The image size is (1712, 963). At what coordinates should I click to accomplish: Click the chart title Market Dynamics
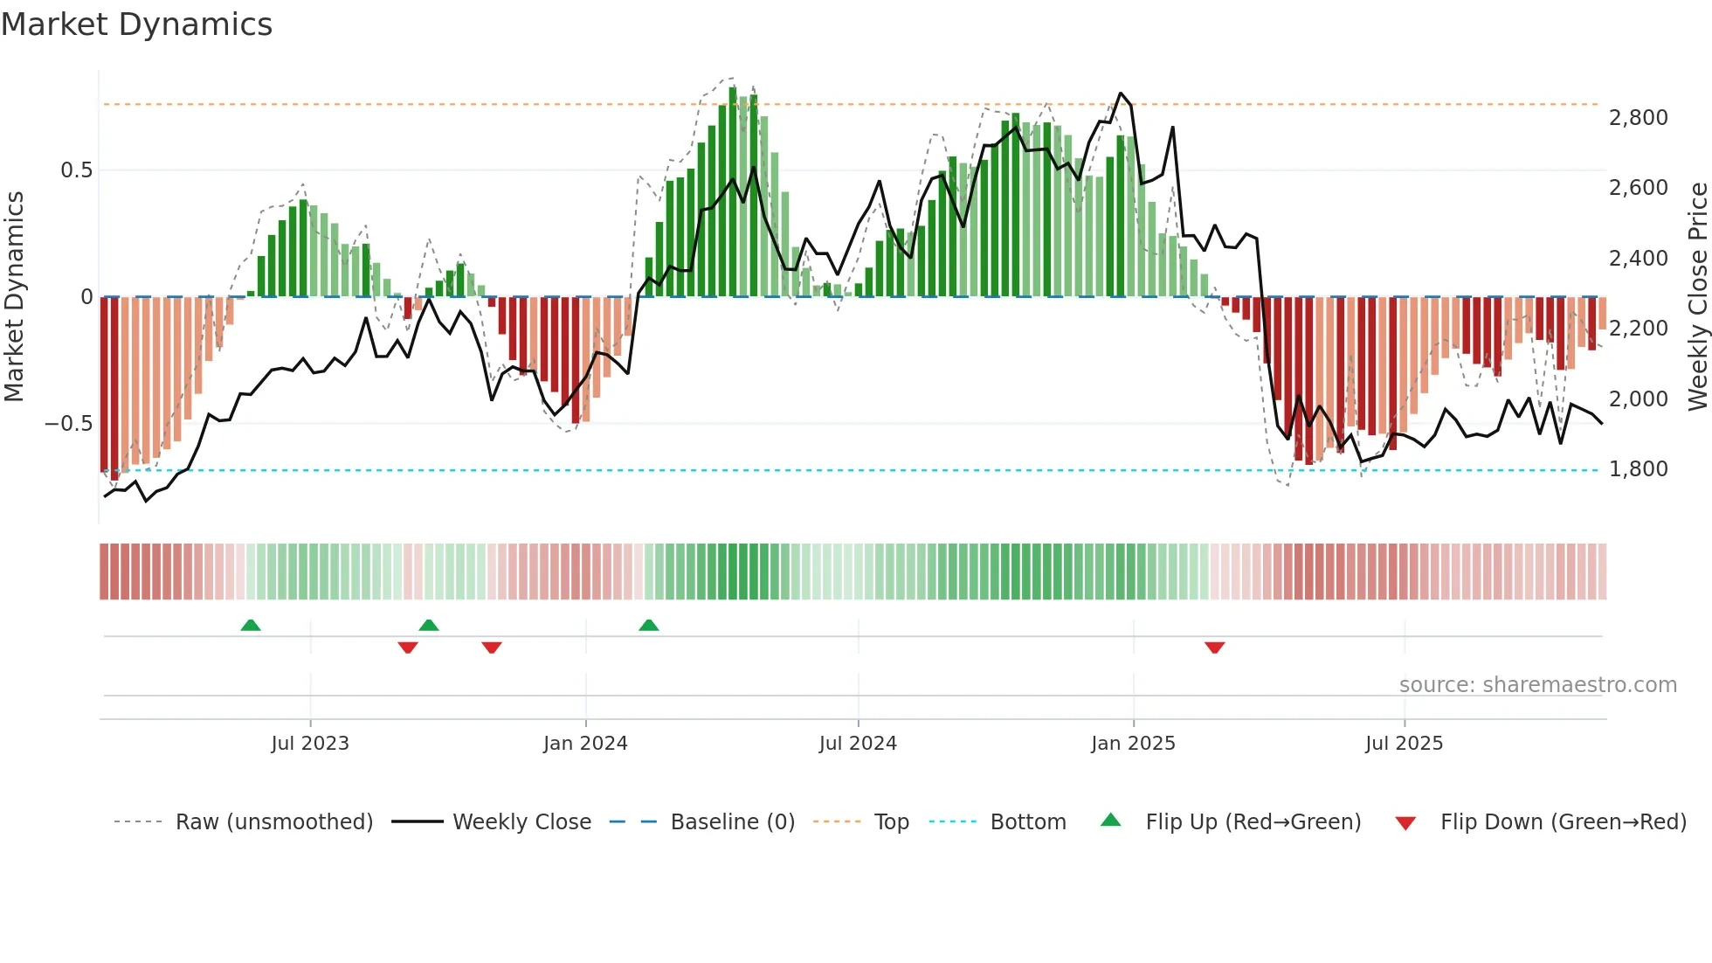(137, 24)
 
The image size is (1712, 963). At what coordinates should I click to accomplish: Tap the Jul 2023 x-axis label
(310, 744)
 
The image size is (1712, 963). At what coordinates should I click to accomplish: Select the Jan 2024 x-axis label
(585, 744)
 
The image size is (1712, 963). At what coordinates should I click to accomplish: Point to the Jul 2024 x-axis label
(858, 744)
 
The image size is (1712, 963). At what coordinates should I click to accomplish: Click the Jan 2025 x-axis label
(1133, 744)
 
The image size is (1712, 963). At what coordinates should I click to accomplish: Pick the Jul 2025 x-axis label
(1405, 744)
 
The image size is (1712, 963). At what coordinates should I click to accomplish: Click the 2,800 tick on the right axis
(1639, 118)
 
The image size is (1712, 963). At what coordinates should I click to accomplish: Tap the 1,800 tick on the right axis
(1639, 469)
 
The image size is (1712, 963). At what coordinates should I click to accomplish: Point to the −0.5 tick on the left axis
(68, 424)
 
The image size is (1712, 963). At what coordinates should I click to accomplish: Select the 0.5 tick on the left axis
(76, 170)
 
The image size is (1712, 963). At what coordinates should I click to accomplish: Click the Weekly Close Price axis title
(1697, 297)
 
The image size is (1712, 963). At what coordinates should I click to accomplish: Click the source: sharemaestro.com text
(1537, 685)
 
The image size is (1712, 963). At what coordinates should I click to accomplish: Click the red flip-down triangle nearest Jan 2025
(1214, 648)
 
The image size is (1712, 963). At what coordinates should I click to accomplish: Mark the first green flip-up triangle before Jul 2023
(251, 625)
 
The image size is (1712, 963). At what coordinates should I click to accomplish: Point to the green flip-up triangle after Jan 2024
(648, 625)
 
